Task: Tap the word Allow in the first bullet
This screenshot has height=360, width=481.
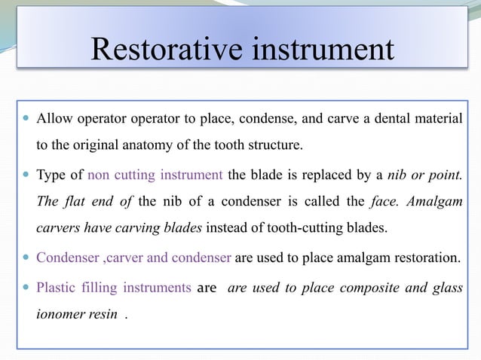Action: coord(52,118)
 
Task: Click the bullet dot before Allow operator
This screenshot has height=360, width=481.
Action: coord(26,119)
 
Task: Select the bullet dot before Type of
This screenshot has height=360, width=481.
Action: coord(26,176)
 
